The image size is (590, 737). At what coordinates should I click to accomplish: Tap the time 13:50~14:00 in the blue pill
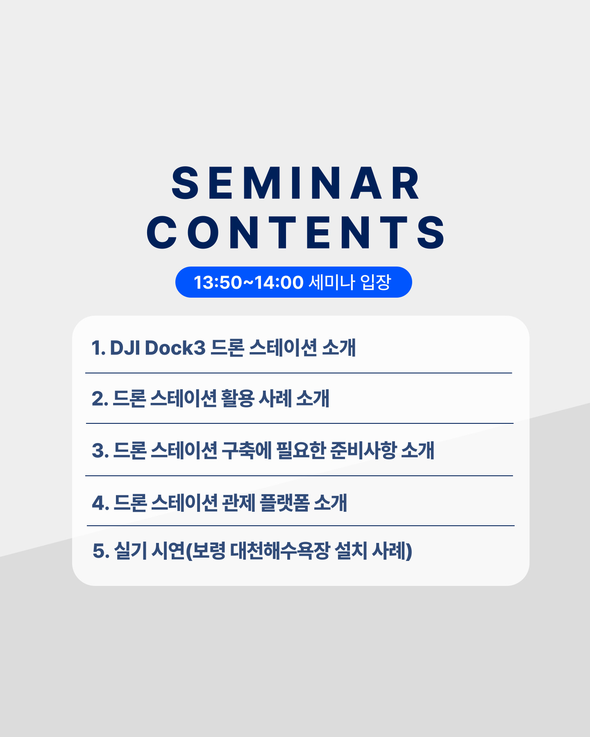click(x=248, y=282)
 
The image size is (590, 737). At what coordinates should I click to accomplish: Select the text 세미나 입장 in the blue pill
click(x=349, y=282)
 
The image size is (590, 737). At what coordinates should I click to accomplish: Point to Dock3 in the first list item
click(x=175, y=348)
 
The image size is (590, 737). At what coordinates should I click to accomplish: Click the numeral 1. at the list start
click(x=98, y=348)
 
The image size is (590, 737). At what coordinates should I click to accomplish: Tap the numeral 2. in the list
click(x=100, y=399)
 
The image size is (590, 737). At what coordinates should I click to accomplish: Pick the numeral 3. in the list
click(x=100, y=451)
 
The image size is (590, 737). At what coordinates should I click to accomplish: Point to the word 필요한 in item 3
click(x=301, y=450)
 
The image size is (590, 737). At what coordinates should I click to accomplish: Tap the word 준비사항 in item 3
click(x=363, y=450)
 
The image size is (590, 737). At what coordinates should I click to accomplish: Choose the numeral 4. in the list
click(x=100, y=503)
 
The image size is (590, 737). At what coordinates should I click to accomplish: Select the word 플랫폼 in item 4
click(x=284, y=503)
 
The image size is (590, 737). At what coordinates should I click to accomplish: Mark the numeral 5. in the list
click(x=101, y=551)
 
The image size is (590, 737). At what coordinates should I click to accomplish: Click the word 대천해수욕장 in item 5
click(x=280, y=551)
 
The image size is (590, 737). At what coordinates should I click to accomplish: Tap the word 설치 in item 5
click(x=351, y=551)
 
